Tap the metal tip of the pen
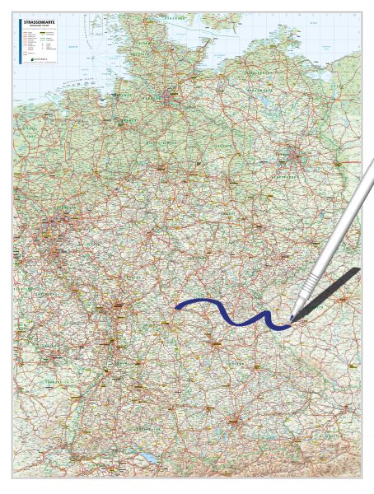(292, 317)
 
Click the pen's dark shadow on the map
(334, 288)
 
